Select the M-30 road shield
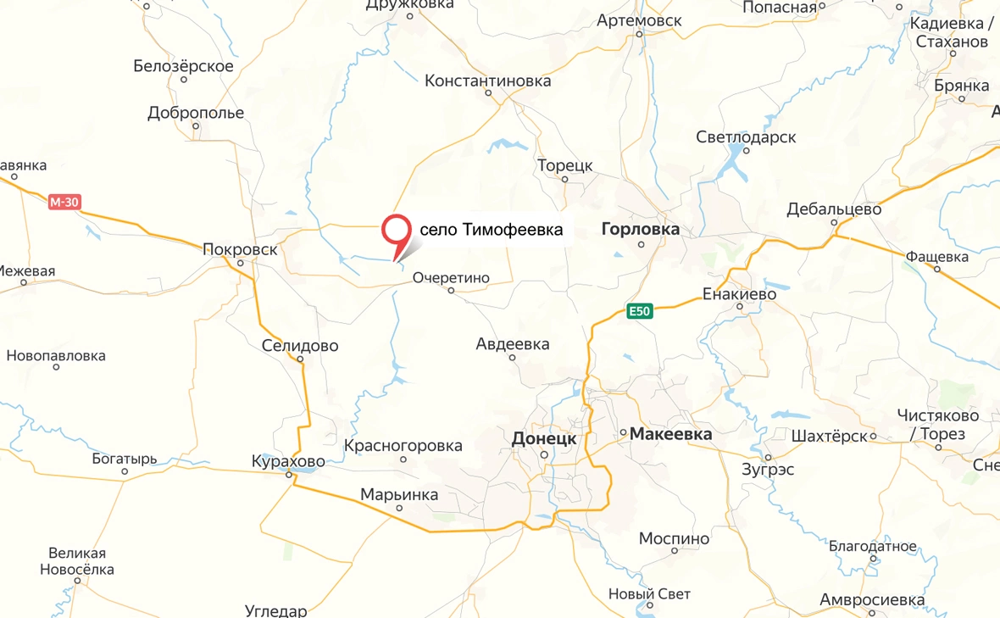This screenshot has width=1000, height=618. click(64, 202)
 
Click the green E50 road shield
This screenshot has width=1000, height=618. click(640, 311)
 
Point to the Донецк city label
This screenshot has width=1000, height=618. click(544, 439)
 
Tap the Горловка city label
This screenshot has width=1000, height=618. click(640, 229)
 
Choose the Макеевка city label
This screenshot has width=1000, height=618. click(670, 434)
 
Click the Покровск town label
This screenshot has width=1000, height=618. click(240, 249)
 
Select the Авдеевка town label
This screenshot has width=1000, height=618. click(512, 344)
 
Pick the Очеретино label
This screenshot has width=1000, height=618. click(452, 277)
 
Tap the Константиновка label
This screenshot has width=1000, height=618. click(487, 81)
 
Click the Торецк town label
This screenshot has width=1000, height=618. click(564, 165)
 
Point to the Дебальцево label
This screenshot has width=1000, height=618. click(834, 209)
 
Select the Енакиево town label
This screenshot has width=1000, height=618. click(740, 294)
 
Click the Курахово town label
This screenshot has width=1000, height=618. click(288, 462)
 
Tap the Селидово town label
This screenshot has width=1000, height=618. click(300, 346)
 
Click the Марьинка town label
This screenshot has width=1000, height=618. click(399, 494)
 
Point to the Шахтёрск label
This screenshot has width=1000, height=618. click(829, 436)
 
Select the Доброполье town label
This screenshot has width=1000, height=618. click(196, 113)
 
